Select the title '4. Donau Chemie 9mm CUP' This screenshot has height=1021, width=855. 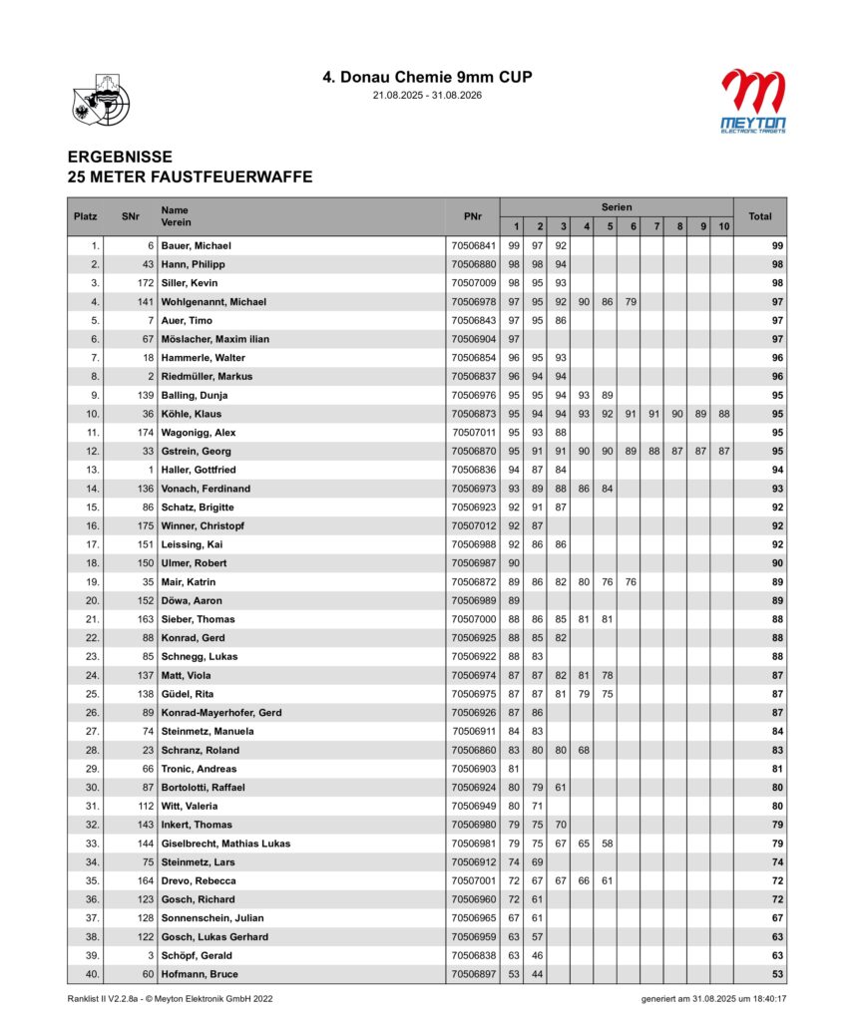point(426,77)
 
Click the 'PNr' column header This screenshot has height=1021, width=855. point(473,216)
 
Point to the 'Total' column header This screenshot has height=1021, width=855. point(760,216)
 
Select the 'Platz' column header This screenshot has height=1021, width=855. point(85,216)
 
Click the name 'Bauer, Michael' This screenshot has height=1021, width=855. point(197,245)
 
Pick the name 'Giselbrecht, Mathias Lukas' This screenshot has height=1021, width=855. point(225,844)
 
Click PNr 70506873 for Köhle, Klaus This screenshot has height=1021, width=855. point(473,414)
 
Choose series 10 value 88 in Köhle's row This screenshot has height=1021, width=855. point(722,414)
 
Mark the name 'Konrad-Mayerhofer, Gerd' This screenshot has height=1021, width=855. point(219,713)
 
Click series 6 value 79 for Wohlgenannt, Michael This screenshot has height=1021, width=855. point(630,301)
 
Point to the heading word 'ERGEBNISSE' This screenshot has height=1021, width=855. point(120,158)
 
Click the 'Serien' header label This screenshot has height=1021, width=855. point(616,206)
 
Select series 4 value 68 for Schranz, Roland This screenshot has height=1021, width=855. point(585,750)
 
